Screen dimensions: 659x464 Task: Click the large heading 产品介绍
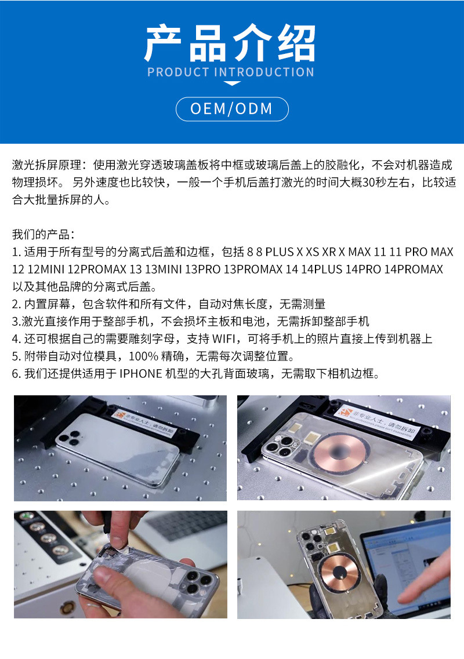pyautogui.click(x=231, y=43)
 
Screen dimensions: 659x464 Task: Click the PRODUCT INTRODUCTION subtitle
pyautogui.click(x=231, y=72)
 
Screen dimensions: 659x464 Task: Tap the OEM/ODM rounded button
pyautogui.click(x=232, y=109)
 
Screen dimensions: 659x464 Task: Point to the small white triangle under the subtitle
pyautogui.click(x=232, y=84)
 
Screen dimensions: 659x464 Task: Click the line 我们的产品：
pyautogui.click(x=43, y=235)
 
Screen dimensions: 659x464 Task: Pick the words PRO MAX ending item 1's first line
pyautogui.click(x=429, y=252)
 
